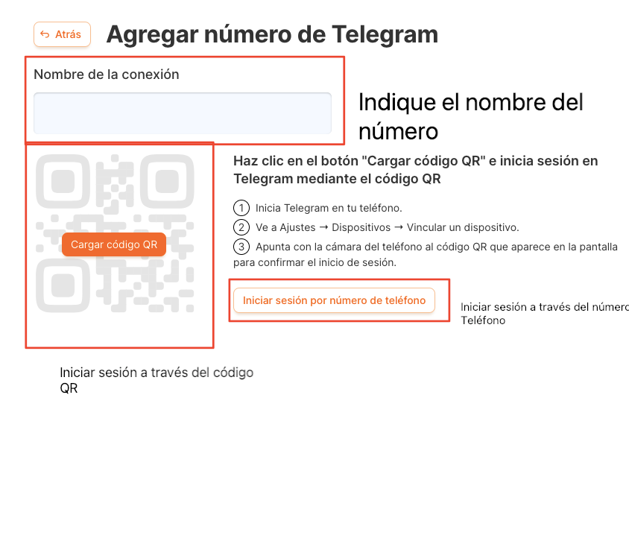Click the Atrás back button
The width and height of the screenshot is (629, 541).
click(x=62, y=34)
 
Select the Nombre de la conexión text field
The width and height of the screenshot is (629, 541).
click(x=183, y=113)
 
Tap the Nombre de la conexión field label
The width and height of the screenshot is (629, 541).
click(x=107, y=75)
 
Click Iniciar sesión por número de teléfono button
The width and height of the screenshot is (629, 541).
click(x=334, y=300)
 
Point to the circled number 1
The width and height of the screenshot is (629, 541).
click(x=241, y=208)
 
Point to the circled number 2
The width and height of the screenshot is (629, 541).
click(x=241, y=227)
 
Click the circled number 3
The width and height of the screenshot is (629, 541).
click(x=241, y=247)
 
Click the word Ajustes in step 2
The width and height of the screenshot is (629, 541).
click(x=297, y=228)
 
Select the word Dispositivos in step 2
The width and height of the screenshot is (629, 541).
click(x=361, y=228)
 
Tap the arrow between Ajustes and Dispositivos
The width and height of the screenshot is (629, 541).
click(x=323, y=227)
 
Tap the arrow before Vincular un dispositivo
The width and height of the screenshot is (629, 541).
click(x=399, y=227)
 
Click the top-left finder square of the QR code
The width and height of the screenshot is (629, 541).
click(x=63, y=182)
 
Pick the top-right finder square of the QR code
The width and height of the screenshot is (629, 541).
click(x=167, y=182)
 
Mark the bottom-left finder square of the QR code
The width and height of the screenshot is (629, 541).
click(x=63, y=285)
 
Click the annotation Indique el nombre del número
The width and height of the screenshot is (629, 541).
click(x=471, y=117)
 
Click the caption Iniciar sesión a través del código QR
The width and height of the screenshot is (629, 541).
click(x=157, y=380)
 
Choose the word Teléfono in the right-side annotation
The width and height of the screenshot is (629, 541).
click(x=483, y=320)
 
